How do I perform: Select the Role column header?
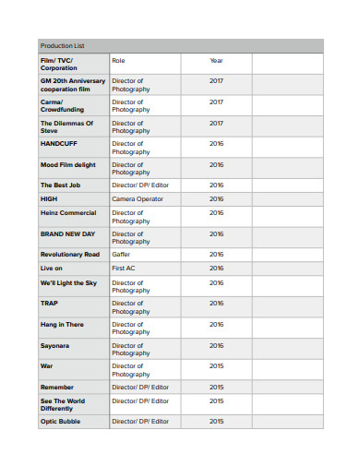tap(118, 61)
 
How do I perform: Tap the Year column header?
tap(216, 61)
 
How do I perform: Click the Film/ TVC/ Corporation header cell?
tap(59, 65)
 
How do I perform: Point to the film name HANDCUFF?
tap(57, 144)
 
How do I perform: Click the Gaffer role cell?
tap(121, 254)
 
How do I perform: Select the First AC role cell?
tap(125, 268)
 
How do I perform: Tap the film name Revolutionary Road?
tap(70, 254)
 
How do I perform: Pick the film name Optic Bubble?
tap(60, 422)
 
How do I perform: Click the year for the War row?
tap(216, 366)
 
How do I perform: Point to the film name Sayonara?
tap(54, 345)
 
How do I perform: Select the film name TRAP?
tap(49, 303)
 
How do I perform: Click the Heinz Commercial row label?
tap(68, 212)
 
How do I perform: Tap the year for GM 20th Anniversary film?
tap(216, 81)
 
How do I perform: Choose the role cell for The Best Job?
tap(140, 185)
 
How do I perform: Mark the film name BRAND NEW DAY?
tap(67, 233)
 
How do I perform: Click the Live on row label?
tap(52, 268)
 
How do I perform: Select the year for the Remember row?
tap(216, 387)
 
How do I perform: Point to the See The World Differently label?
tap(62, 404)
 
